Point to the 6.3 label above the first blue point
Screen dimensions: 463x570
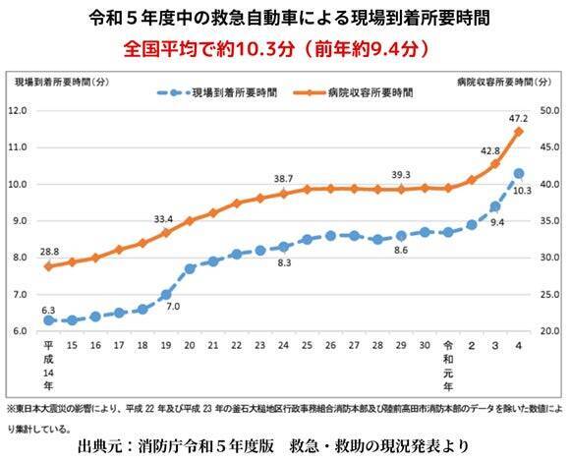(48, 310)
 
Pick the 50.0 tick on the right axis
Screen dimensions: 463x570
(551, 110)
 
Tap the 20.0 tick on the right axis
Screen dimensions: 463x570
(551, 331)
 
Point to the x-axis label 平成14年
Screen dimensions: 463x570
(48, 360)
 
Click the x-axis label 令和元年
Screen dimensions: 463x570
(448, 360)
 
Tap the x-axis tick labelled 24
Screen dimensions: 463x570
(283, 346)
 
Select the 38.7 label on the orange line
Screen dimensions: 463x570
(283, 178)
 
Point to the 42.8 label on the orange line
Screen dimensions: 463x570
(490, 150)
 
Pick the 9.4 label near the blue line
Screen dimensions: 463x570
(497, 223)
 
